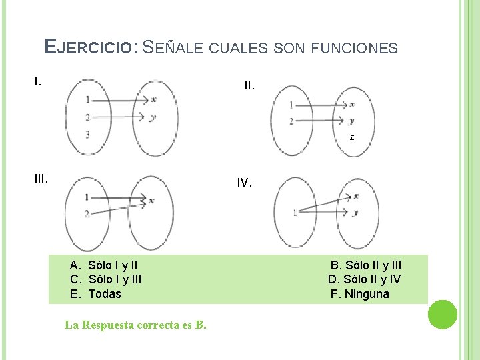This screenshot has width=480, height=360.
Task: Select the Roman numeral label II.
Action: click(249, 86)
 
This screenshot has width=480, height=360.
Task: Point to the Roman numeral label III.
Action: click(41, 178)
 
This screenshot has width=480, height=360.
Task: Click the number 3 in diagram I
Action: click(87, 135)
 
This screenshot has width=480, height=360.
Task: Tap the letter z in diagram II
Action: click(351, 137)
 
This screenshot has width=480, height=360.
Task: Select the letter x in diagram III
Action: click(153, 199)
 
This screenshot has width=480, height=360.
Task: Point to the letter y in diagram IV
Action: click(356, 213)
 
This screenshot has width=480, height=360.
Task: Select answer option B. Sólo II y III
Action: click(366, 265)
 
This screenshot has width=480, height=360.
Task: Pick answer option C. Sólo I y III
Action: click(105, 279)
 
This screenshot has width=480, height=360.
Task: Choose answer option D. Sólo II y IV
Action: click(364, 279)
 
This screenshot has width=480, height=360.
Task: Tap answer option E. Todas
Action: click(95, 293)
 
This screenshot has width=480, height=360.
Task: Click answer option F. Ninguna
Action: click(360, 293)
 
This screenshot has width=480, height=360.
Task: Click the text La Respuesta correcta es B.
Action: click(135, 325)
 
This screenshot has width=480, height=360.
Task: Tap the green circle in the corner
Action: click(442, 314)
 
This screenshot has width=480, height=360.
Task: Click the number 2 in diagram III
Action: click(87, 213)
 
